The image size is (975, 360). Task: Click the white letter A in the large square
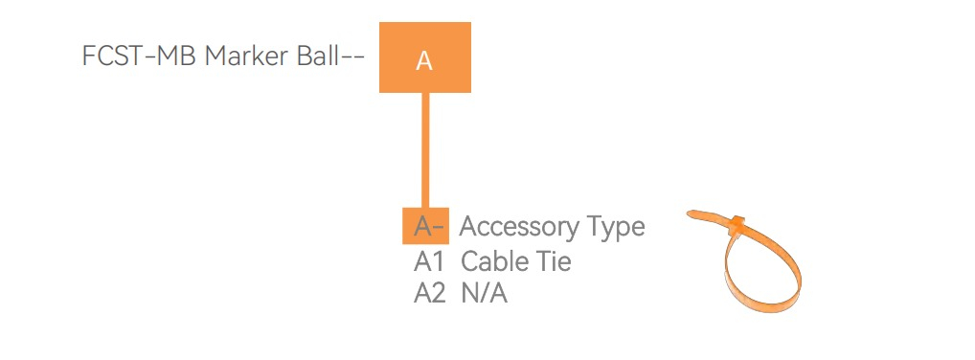(x=423, y=61)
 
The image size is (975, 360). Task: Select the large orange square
(x=425, y=57)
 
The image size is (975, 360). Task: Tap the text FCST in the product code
(x=107, y=56)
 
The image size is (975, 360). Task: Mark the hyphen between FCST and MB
(x=144, y=57)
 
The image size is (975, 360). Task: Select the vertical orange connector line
(x=425, y=150)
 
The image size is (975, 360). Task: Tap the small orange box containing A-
(x=425, y=226)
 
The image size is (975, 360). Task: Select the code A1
(x=429, y=261)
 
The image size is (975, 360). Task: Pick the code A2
(x=430, y=293)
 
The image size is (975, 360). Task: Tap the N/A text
(x=485, y=293)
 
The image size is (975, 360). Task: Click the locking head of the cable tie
(x=737, y=224)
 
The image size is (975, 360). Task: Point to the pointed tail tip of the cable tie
(x=689, y=214)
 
